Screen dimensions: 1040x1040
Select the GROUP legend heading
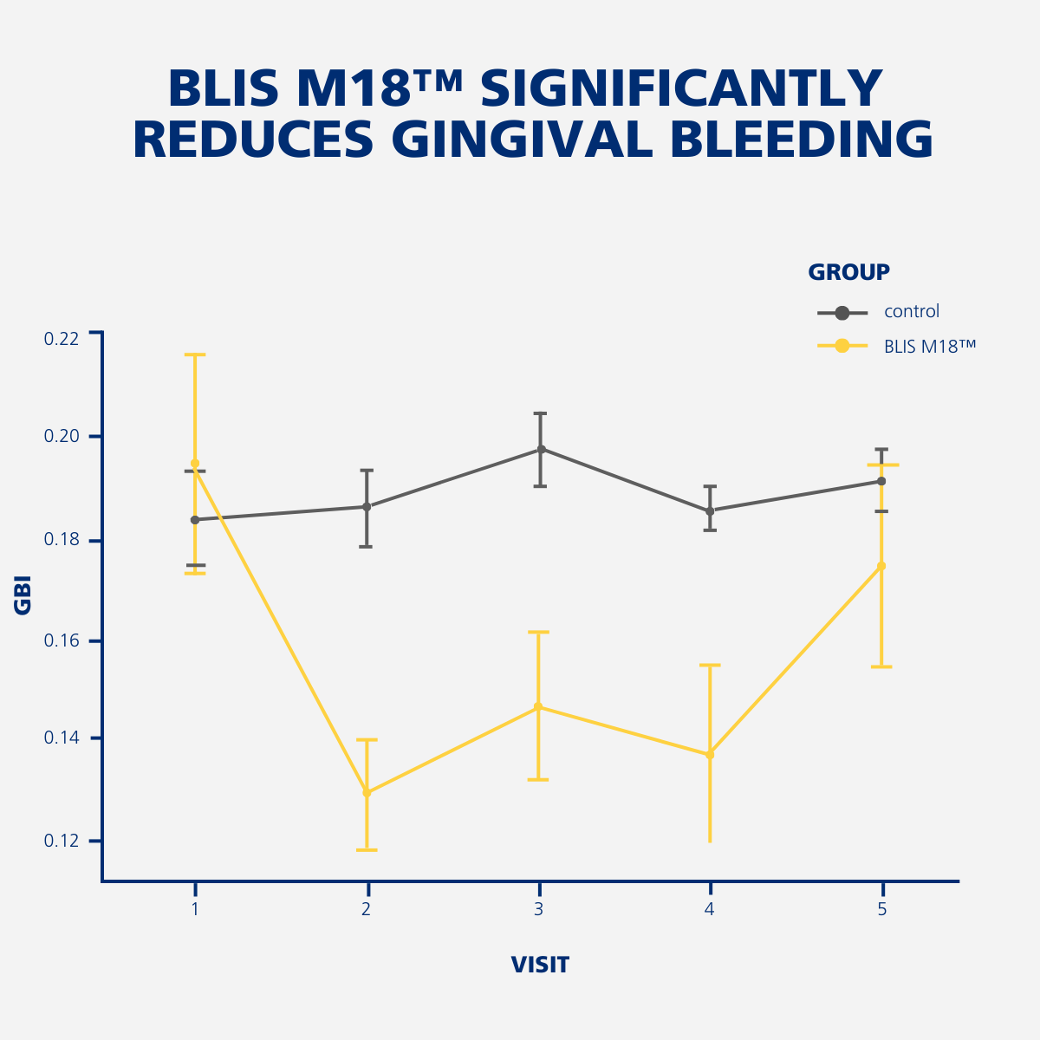[848, 272]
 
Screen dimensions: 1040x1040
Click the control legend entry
[912, 312]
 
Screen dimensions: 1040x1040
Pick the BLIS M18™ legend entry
[930, 347]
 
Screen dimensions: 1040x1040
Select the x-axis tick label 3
[538, 909]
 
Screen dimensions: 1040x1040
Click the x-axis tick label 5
[882, 909]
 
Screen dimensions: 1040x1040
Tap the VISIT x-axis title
[540, 965]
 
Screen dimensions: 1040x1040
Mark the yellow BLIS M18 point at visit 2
[367, 792]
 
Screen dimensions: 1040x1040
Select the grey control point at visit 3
[542, 449]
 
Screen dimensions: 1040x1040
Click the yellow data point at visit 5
[881, 566]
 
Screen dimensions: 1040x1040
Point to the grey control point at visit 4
[710, 510]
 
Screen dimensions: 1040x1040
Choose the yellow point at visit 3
[538, 706]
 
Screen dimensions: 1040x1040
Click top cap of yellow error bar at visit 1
[195, 354]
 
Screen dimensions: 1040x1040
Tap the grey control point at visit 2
[367, 506]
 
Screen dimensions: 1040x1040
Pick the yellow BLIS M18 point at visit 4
[710, 754]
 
